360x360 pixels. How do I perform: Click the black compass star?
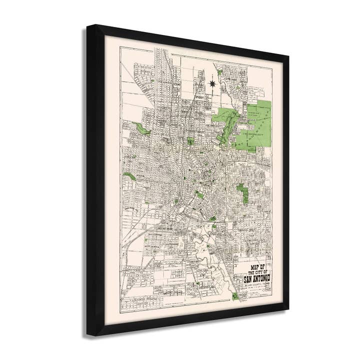[x=212, y=81]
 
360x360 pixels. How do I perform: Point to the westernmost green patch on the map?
[x=129, y=176]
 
